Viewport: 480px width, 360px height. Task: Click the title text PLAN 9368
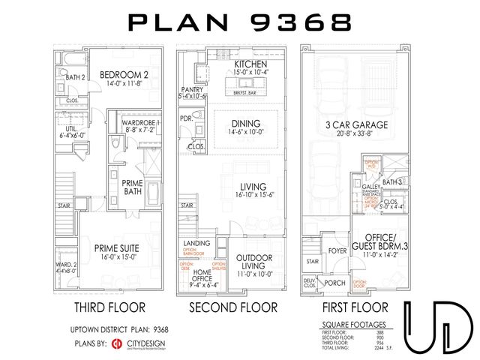click(239, 22)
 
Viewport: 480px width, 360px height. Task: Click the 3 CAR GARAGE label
click(350, 124)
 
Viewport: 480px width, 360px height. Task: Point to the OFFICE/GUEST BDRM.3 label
click(371, 242)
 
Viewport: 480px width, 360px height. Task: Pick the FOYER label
click(336, 251)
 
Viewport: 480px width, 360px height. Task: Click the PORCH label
click(337, 283)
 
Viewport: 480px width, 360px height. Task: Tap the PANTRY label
click(191, 90)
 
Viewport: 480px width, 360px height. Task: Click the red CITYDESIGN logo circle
click(117, 343)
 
